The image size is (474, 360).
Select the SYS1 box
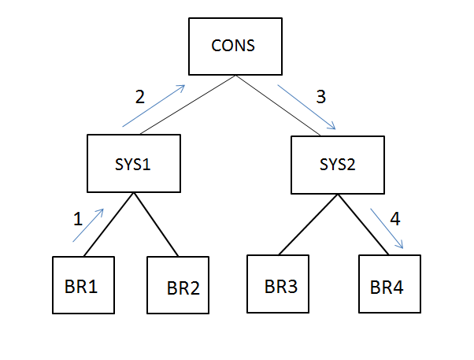coord(132,164)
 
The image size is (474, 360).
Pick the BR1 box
coord(83,284)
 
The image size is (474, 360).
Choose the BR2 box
coord(178,285)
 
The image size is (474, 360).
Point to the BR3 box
coord(278,284)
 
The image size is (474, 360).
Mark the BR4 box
coord(390,284)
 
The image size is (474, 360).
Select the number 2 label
coord(140,97)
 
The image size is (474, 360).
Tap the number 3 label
coord(320,97)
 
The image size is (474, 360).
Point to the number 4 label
coord(394,219)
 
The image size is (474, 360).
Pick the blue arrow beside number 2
coord(153,106)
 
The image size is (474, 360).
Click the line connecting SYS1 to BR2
coord(156,225)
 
